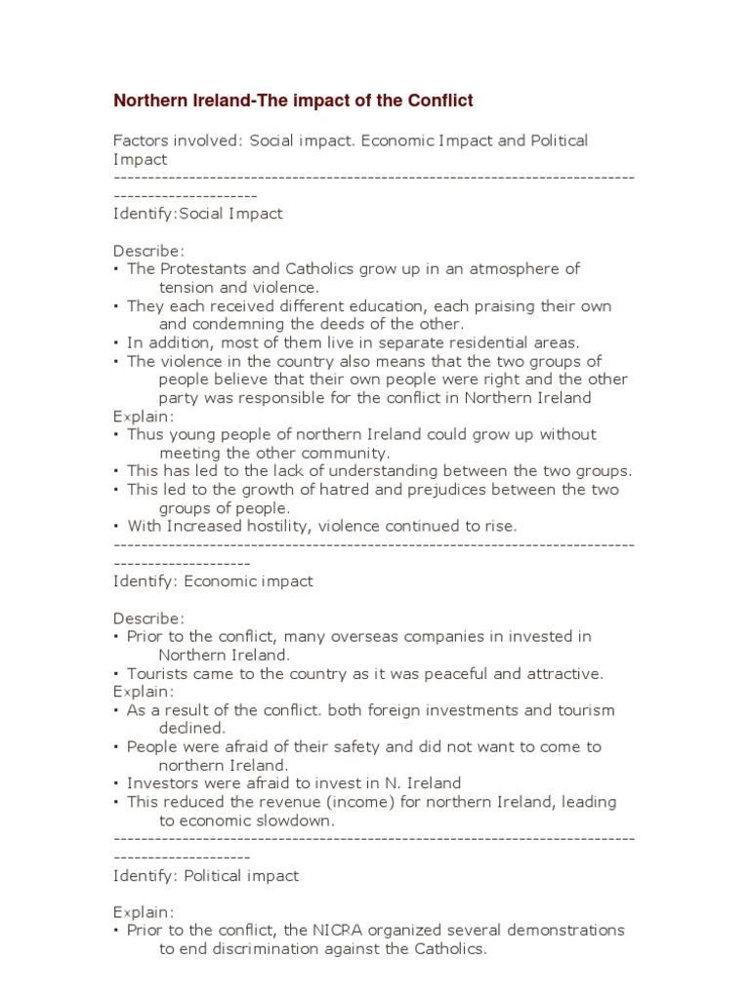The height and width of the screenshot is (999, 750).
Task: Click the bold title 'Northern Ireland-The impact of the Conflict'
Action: click(x=293, y=100)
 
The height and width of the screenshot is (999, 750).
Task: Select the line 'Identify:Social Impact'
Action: click(x=198, y=214)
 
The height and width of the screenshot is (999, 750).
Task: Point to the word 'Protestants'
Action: click(x=207, y=268)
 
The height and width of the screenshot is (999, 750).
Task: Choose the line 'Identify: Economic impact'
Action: click(x=213, y=581)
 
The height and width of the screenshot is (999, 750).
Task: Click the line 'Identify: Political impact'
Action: click(x=206, y=876)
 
